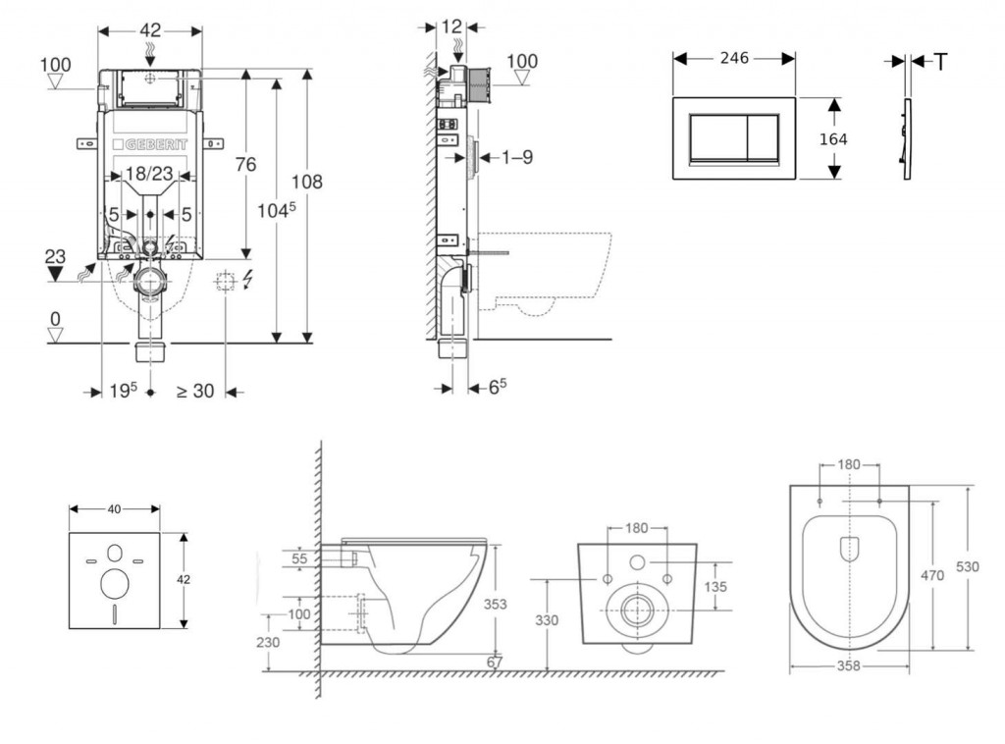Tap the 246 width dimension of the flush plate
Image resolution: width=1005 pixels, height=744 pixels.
point(734,59)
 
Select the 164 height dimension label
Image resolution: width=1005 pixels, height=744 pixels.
point(833,139)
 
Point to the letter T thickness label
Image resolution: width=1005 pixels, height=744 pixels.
point(940,62)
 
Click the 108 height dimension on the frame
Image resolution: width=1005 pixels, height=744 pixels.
point(307,182)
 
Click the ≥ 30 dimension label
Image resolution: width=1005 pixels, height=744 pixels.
point(194,391)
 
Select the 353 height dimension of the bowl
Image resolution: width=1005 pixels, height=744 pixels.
point(496,605)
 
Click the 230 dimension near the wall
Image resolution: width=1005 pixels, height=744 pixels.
point(269,642)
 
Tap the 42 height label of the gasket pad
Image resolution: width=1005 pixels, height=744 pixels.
point(183,579)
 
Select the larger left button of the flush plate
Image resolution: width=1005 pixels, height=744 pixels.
point(717,137)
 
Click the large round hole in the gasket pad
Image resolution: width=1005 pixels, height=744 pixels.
point(115,584)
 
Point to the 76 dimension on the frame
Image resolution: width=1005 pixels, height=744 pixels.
point(245,165)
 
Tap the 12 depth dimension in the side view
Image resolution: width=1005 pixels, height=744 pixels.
point(452,27)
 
